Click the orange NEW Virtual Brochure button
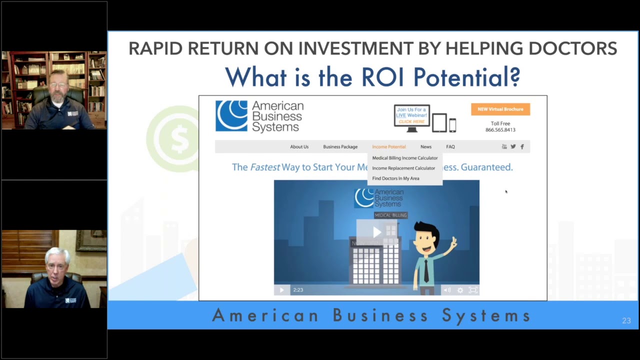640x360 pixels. coord(500,109)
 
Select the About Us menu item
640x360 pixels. coord(299,147)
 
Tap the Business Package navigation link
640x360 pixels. coord(340,147)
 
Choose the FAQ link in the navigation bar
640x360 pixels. coord(450,147)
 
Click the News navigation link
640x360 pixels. coord(426,147)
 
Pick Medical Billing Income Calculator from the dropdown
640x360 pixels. coord(404,158)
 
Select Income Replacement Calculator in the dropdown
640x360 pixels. coord(403,168)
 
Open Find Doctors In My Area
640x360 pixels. coord(395,178)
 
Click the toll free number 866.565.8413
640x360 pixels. coord(500,130)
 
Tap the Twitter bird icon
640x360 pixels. coord(513,146)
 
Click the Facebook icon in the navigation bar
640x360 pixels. coord(522,146)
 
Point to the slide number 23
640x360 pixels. coord(626,320)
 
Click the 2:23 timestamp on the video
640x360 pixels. coord(298,290)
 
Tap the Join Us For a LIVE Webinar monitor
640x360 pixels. coord(412,117)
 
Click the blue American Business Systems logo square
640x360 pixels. coord(231,115)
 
